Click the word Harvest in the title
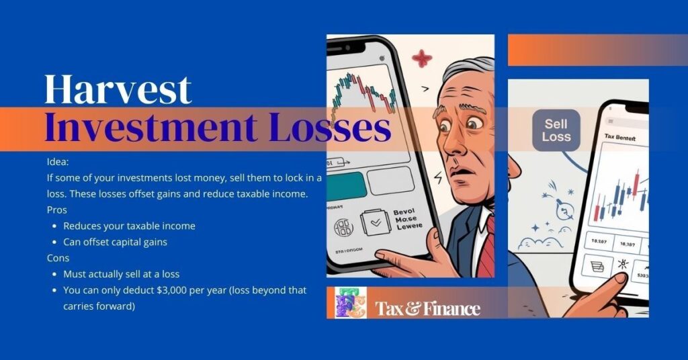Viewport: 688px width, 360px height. click(118, 89)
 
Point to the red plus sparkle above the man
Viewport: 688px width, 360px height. click(422, 58)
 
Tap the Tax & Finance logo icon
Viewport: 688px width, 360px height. click(350, 303)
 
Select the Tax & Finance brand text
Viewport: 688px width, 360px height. click(428, 308)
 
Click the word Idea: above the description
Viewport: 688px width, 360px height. click(57, 163)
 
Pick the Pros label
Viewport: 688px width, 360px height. click(56, 210)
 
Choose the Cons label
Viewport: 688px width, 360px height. click(58, 258)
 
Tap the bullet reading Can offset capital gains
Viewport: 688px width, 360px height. click(115, 242)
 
